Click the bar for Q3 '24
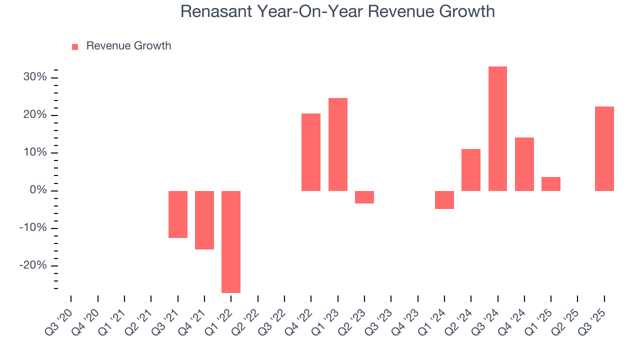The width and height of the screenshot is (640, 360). tap(497, 128)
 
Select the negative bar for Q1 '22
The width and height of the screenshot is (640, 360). tap(231, 241)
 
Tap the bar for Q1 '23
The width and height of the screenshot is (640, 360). tap(337, 144)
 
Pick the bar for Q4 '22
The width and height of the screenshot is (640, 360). tap(311, 152)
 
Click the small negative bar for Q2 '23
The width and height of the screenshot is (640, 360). tap(364, 197)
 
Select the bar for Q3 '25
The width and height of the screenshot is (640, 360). tap(604, 148)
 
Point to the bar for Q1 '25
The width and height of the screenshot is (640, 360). tap(551, 184)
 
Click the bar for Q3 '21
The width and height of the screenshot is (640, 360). tap(178, 214)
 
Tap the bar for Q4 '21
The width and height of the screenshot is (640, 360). tap(204, 220)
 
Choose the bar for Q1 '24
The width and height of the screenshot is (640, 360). tap(444, 200)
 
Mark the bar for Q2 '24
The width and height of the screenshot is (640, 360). tap(471, 170)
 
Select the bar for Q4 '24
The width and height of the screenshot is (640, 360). tap(524, 164)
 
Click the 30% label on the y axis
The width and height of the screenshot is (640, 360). tap(35, 77)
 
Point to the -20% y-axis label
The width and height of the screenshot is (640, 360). tap(33, 265)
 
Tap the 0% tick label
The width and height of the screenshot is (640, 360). tap(38, 190)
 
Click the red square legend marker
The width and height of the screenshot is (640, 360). tap(75, 47)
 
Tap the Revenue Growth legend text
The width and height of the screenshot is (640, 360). tap(128, 46)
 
